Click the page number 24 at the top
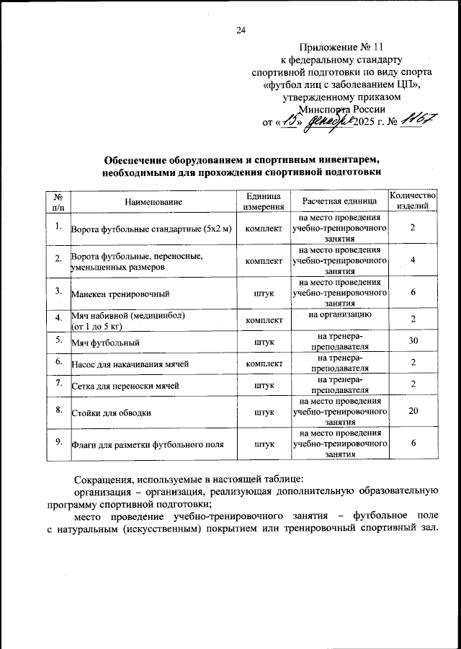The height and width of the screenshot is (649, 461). coord(241,30)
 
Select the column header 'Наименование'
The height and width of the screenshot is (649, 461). coord(153,201)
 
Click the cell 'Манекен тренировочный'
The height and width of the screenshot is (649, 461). coord(120,294)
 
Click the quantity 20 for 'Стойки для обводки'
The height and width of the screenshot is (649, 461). coord(413,412)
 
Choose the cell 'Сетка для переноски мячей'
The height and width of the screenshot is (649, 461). coord(125,387)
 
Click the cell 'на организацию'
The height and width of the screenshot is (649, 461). coord(339,314)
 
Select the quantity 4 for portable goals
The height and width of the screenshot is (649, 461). coord(413,260)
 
